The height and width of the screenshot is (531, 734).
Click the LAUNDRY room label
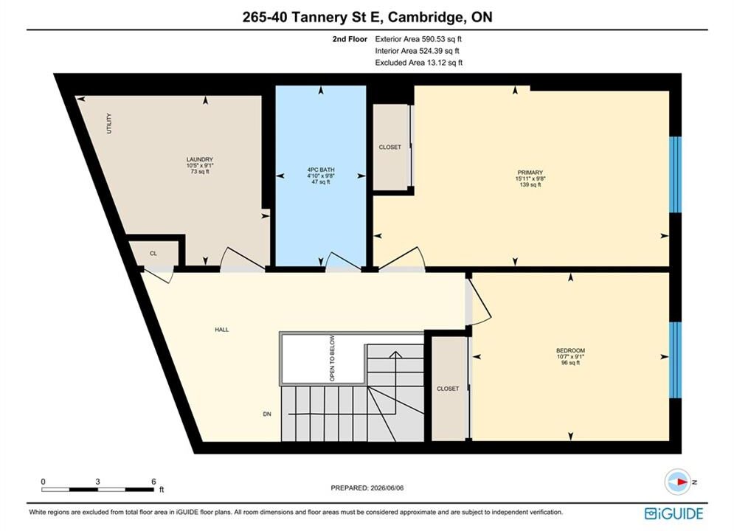[200, 159]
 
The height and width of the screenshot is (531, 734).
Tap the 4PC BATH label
[321, 170]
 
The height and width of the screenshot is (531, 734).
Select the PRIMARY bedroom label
[530, 173]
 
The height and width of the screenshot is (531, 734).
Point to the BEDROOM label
[570, 350]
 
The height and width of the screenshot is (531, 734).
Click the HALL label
[222, 330]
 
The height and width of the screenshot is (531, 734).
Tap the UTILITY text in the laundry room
[109, 123]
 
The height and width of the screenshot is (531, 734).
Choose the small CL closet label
[153, 253]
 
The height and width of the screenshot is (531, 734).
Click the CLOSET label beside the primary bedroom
[390, 147]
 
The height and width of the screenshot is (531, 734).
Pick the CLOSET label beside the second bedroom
[448, 389]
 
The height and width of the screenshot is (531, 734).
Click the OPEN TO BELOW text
[332, 358]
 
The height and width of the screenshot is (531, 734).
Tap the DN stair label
[267, 414]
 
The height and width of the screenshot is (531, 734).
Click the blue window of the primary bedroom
[675, 175]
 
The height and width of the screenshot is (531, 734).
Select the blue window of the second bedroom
[675, 360]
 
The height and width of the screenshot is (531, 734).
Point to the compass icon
[677, 482]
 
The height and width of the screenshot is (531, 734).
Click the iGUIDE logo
[674, 514]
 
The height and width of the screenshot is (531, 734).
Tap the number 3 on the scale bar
[98, 482]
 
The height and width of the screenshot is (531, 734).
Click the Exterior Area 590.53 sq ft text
[418, 39]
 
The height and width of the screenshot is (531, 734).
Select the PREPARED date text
[367, 488]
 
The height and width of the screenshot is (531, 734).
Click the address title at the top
[367, 17]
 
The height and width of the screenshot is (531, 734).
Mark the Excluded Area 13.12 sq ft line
[419, 62]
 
